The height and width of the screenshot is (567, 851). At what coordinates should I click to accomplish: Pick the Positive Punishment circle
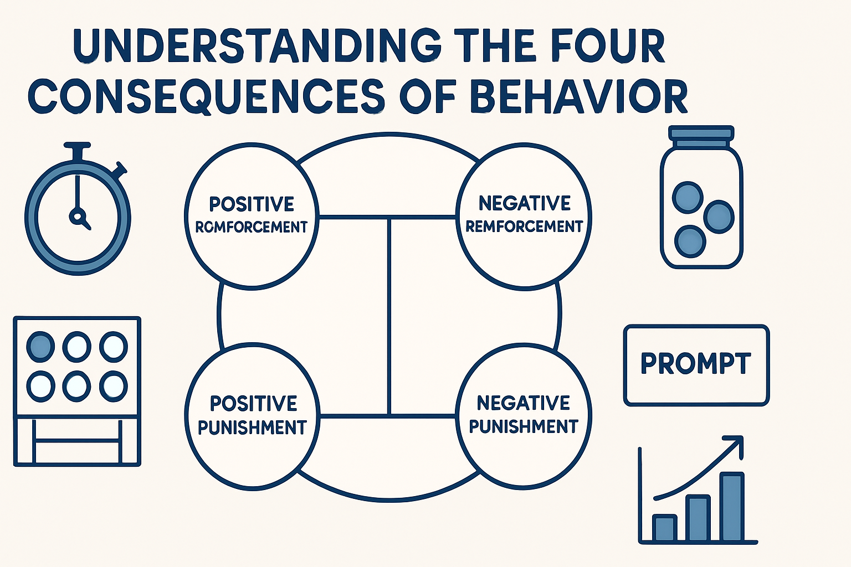tap(252, 415)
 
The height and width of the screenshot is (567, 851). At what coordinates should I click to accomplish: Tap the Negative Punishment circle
tap(524, 415)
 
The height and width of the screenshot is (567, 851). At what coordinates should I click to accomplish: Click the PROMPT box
tap(696, 365)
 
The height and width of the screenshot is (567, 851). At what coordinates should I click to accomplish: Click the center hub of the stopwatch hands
tap(77, 215)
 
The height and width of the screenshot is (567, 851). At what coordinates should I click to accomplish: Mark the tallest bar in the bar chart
tap(732, 507)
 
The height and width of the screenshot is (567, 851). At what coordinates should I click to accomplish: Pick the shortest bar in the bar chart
tap(664, 528)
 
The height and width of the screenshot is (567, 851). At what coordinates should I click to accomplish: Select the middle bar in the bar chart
tap(698, 518)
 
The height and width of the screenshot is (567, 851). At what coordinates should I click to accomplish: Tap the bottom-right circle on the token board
tap(114, 385)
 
